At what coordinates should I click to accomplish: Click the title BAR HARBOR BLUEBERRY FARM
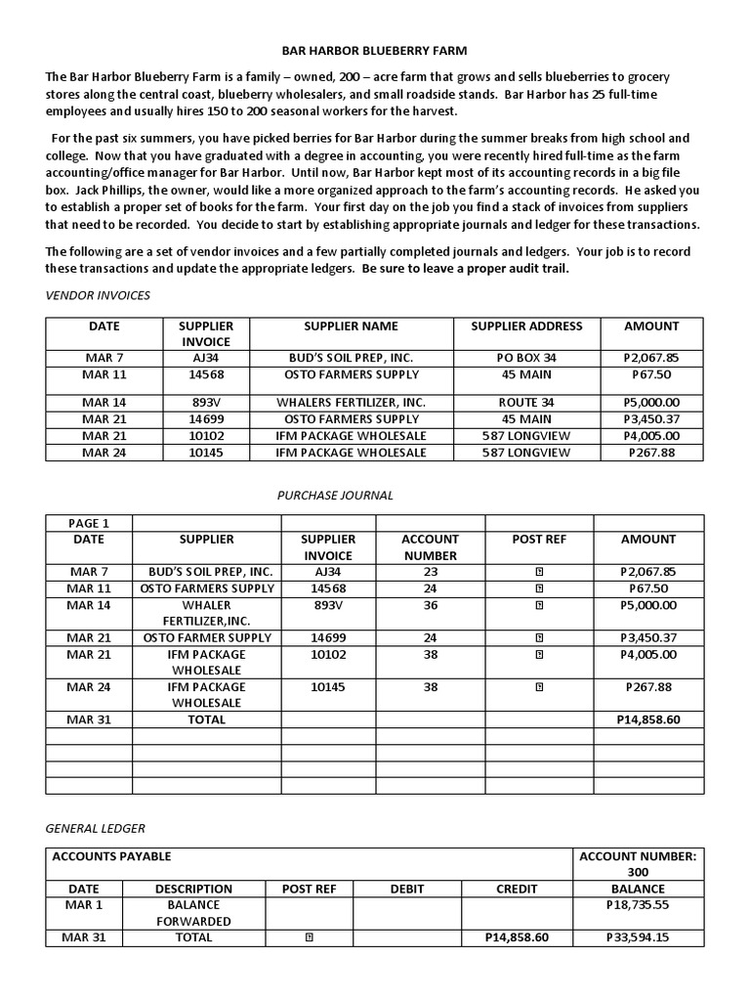click(x=374, y=49)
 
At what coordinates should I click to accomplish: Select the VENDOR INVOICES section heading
click(x=98, y=295)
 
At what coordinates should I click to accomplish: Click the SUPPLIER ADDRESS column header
click(x=526, y=326)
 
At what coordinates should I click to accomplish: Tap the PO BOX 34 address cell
click(x=526, y=358)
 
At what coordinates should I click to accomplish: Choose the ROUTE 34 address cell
click(x=526, y=402)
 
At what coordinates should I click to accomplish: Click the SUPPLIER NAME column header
click(x=351, y=326)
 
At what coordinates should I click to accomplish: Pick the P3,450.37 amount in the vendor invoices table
click(x=651, y=419)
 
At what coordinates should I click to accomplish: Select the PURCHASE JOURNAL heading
click(x=335, y=496)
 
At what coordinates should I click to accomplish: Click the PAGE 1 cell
click(x=89, y=523)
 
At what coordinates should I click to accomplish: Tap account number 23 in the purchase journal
click(x=431, y=572)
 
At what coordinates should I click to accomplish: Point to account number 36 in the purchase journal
click(x=431, y=605)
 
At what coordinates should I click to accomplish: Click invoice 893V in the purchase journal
click(x=328, y=605)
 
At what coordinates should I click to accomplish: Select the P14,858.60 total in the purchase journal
click(x=647, y=719)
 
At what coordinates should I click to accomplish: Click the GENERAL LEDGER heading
click(x=96, y=828)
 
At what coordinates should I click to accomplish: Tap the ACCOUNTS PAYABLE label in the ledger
click(x=111, y=856)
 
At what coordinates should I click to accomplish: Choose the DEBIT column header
click(x=407, y=889)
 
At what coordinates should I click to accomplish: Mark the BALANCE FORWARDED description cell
click(x=193, y=913)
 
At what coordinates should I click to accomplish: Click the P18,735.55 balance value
click(x=637, y=905)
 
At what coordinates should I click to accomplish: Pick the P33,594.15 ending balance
click(x=637, y=937)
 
